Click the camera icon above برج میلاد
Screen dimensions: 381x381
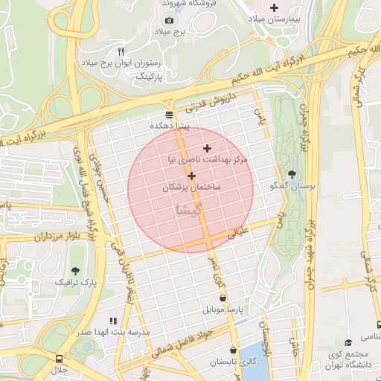click(169, 19)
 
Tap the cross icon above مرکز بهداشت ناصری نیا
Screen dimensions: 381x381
click(207, 148)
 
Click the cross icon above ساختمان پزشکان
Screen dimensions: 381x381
click(192, 176)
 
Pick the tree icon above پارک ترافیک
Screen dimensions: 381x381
click(76, 271)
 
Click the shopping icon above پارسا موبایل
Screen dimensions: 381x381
click(222, 298)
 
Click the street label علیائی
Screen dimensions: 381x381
click(245, 231)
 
